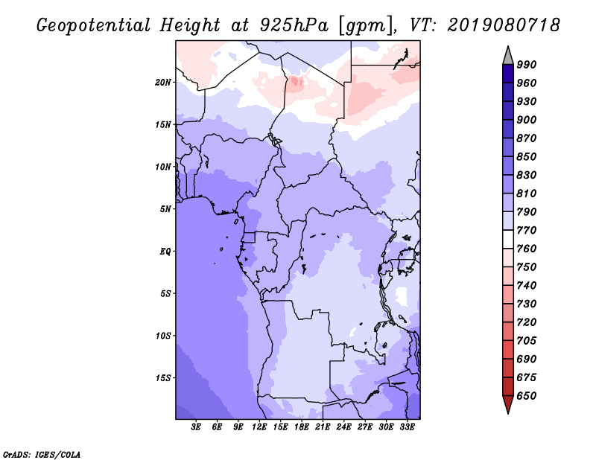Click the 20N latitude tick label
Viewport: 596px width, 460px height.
[163, 83]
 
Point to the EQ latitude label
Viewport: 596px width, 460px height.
[165, 252]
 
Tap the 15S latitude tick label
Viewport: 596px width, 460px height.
[163, 378]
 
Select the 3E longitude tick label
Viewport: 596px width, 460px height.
[196, 427]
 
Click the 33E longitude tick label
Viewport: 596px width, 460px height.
[407, 427]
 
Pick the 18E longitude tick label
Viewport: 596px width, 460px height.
[302, 427]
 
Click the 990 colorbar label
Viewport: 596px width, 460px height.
[527, 65]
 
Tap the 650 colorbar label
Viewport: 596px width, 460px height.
[527, 396]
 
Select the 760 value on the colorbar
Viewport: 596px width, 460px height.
[527, 249]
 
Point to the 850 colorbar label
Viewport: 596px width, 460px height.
[527, 156]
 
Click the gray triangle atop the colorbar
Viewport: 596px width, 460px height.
[508, 57]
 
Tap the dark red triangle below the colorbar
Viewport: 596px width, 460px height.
[508, 404]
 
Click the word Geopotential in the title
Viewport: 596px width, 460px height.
[94, 25]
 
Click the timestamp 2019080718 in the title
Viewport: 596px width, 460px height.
[504, 25]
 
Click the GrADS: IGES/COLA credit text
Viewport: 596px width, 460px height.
[42, 455]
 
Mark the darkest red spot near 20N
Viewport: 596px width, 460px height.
[295, 81]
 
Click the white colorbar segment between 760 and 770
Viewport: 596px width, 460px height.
[508, 240]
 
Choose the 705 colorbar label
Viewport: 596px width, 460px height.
[527, 341]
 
